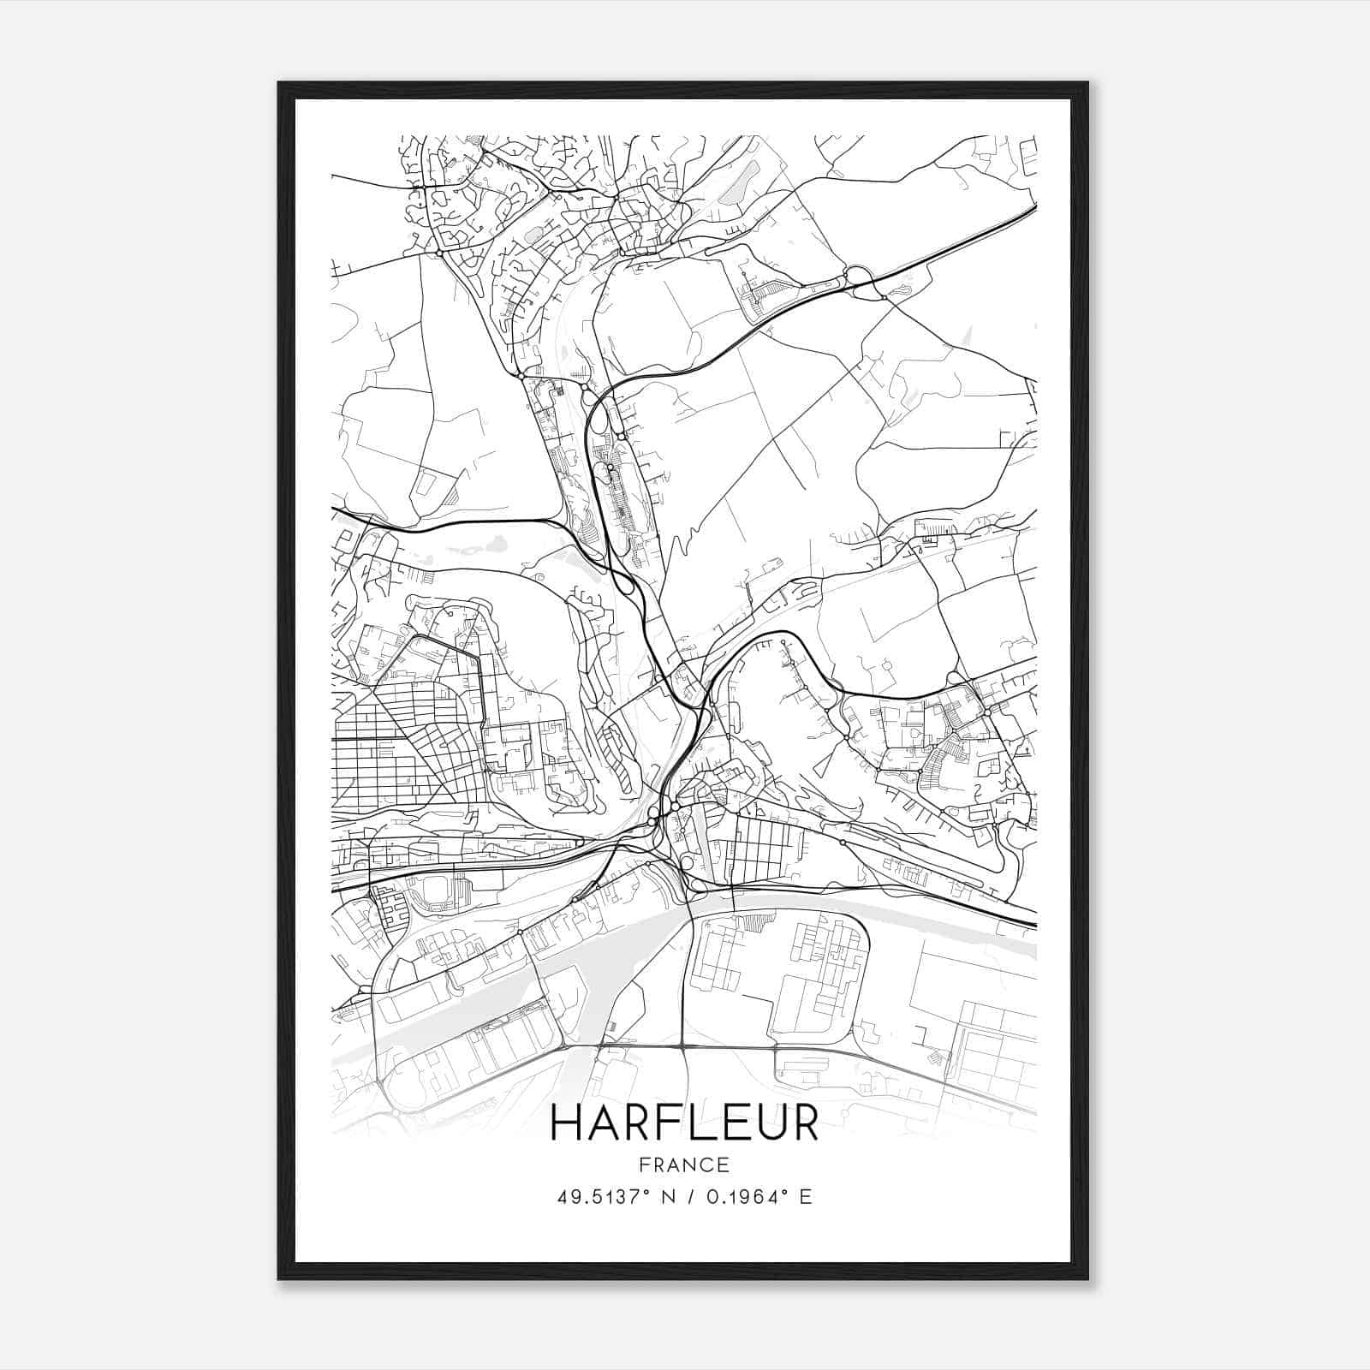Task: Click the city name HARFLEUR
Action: click(684, 1123)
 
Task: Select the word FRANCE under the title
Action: click(684, 1164)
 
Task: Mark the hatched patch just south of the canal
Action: click(754, 923)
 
